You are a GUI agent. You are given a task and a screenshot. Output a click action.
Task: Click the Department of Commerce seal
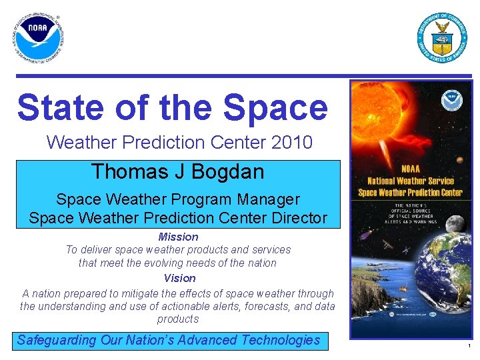tap(442, 37)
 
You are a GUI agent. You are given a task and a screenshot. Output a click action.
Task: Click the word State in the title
tap(59, 108)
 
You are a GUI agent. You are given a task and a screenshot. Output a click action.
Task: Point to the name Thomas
tap(125, 172)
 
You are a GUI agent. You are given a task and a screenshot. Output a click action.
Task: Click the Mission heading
tap(178, 237)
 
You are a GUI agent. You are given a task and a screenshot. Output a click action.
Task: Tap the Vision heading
tap(179, 278)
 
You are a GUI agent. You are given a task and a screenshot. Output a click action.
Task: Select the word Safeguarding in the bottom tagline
tap(57, 340)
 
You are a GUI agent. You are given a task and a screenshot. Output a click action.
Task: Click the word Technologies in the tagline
tap(280, 340)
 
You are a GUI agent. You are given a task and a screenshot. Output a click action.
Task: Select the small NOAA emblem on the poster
tap(450, 101)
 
